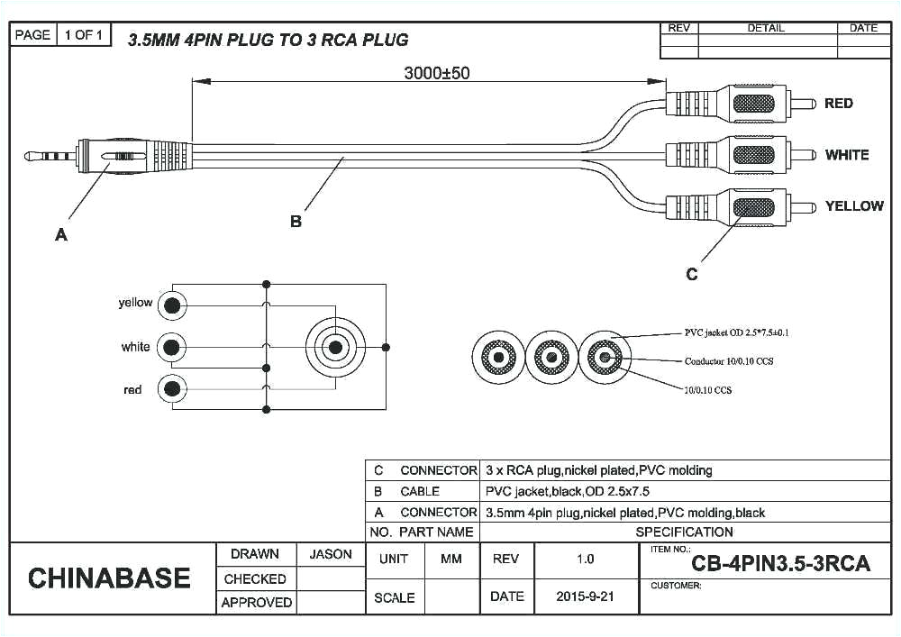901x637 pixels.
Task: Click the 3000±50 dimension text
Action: point(436,74)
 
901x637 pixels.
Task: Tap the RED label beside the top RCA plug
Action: point(838,104)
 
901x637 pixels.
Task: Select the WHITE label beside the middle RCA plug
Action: point(846,155)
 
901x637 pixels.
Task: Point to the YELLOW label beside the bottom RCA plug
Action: point(854,206)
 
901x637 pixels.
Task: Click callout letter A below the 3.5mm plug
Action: point(61,235)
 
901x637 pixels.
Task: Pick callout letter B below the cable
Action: point(296,222)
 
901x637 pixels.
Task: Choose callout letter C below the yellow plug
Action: point(691,274)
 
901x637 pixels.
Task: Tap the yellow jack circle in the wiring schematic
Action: point(171,305)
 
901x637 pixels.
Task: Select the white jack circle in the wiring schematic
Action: point(171,347)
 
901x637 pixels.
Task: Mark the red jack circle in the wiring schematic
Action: point(171,389)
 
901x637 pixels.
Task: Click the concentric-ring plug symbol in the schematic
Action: point(336,347)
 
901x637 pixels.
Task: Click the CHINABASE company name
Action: point(109,578)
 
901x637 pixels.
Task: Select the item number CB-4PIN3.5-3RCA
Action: point(780,564)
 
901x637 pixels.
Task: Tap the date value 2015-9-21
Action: point(586,596)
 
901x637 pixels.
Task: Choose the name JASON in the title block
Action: point(331,555)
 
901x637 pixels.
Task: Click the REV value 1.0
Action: point(586,560)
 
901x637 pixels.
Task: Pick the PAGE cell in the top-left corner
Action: point(32,35)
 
